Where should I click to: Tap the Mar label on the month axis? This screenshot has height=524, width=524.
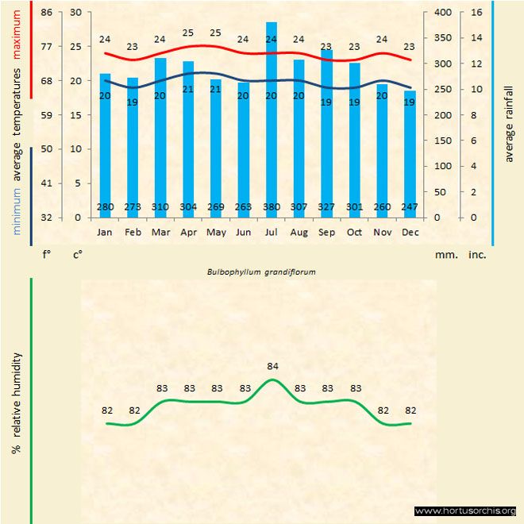pos(160,232)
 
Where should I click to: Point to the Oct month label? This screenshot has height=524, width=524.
pos(354,232)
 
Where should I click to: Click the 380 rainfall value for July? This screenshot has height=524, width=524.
pos(272,208)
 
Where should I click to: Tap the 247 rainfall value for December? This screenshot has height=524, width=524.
pos(410,208)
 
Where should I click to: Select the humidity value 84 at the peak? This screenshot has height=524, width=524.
pos(272,366)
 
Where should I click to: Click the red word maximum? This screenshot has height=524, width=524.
pos(17,33)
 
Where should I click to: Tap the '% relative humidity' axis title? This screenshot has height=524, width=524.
pos(16,403)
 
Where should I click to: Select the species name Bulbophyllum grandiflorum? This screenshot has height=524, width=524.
pos(261,272)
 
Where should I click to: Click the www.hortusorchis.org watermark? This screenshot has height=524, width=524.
pos(465,511)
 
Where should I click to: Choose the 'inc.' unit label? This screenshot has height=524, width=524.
pos(476,256)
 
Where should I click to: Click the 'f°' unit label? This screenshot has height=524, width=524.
pos(47,256)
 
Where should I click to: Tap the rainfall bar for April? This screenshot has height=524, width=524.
pos(188,139)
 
